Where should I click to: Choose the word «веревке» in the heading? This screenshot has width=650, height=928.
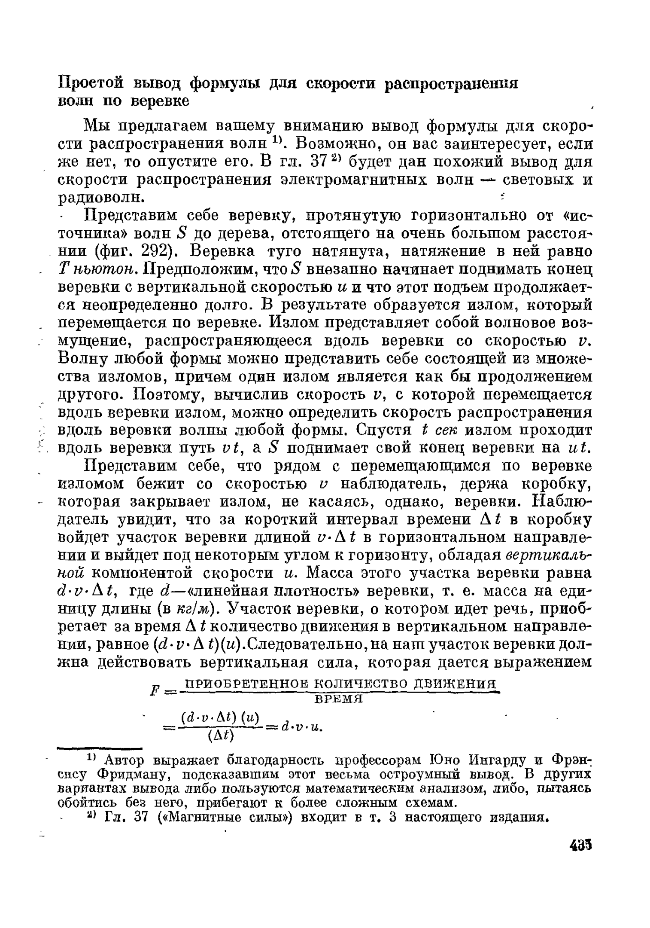tap(160, 101)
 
